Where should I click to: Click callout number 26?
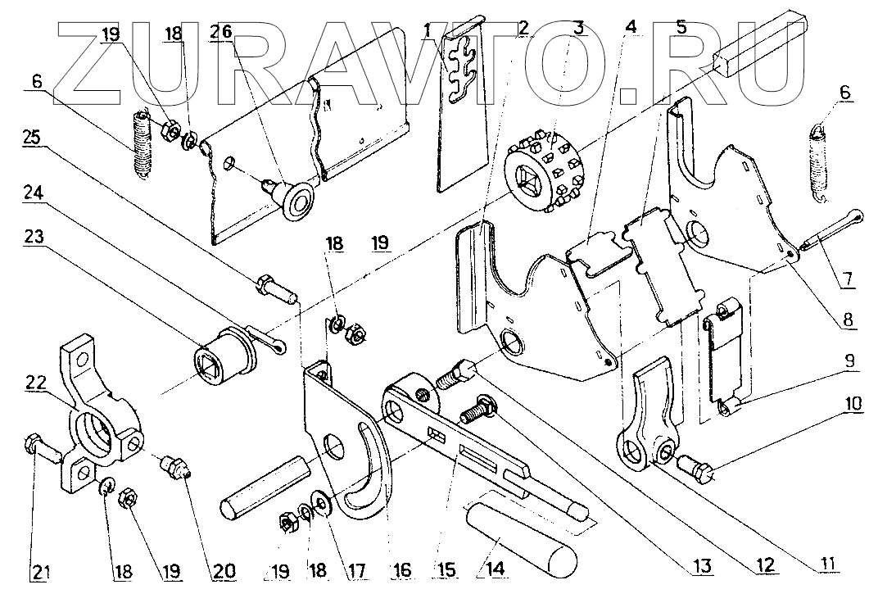pos(221,31)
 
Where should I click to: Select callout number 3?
pos(579,26)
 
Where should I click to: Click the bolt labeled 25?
pos(275,289)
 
